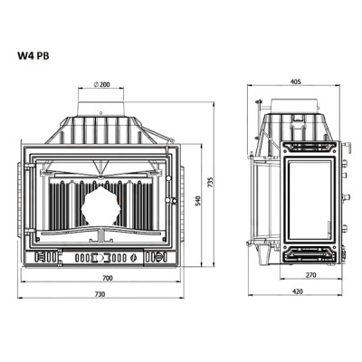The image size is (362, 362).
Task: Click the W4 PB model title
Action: tap(33, 56)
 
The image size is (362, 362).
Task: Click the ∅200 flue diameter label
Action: tap(102, 84)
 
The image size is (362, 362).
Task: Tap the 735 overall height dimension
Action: tap(211, 182)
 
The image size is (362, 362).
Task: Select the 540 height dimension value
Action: tap(198, 202)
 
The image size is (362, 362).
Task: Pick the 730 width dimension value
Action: tap(100, 294)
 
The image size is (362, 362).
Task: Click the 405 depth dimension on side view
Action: tap(296, 81)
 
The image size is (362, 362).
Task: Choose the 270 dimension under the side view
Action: tap(310, 275)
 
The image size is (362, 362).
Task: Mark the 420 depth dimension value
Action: tap(298, 291)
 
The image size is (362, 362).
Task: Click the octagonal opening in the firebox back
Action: tap(100, 206)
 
